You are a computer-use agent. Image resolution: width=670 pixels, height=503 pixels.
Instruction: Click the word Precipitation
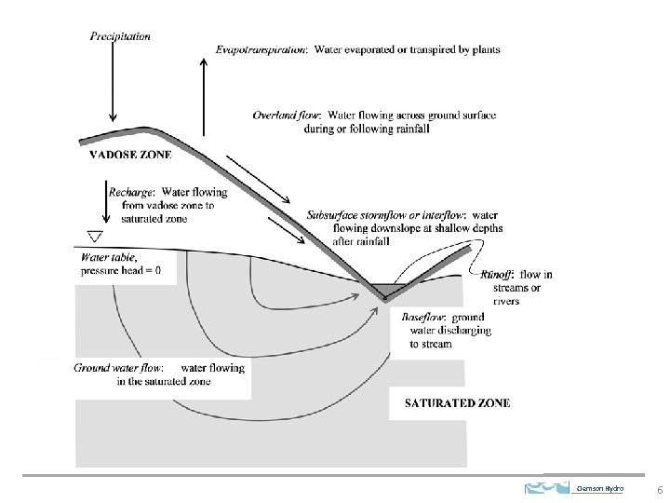[120, 36]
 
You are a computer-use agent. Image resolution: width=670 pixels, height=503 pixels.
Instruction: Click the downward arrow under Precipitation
[113, 81]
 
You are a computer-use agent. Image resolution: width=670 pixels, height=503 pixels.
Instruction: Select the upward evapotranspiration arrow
[204, 98]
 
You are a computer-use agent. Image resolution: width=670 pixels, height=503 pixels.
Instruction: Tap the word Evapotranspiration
[261, 49]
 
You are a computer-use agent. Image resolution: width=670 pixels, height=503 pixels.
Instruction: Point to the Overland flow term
[286, 116]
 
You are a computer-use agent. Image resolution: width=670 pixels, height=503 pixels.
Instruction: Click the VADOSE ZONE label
[131, 155]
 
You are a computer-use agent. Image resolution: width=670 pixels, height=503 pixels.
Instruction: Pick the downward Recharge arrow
[106, 201]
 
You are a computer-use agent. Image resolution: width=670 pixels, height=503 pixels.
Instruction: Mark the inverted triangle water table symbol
[95, 237]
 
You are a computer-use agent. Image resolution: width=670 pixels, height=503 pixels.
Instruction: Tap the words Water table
[109, 257]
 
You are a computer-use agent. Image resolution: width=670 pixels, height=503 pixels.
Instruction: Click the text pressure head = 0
[120, 270]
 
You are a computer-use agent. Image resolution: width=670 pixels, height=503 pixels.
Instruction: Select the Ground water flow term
[118, 368]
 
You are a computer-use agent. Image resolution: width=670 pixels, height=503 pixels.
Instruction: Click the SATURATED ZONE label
[457, 403]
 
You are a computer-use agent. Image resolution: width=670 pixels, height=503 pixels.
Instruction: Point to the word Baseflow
[423, 317]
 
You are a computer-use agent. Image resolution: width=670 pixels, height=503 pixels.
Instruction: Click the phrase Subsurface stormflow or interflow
[385, 215]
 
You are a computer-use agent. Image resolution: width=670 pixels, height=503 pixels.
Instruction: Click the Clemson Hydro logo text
[600, 488]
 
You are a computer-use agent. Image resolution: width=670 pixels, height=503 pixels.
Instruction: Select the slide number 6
[660, 490]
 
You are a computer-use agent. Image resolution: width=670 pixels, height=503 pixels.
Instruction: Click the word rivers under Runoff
[506, 301]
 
